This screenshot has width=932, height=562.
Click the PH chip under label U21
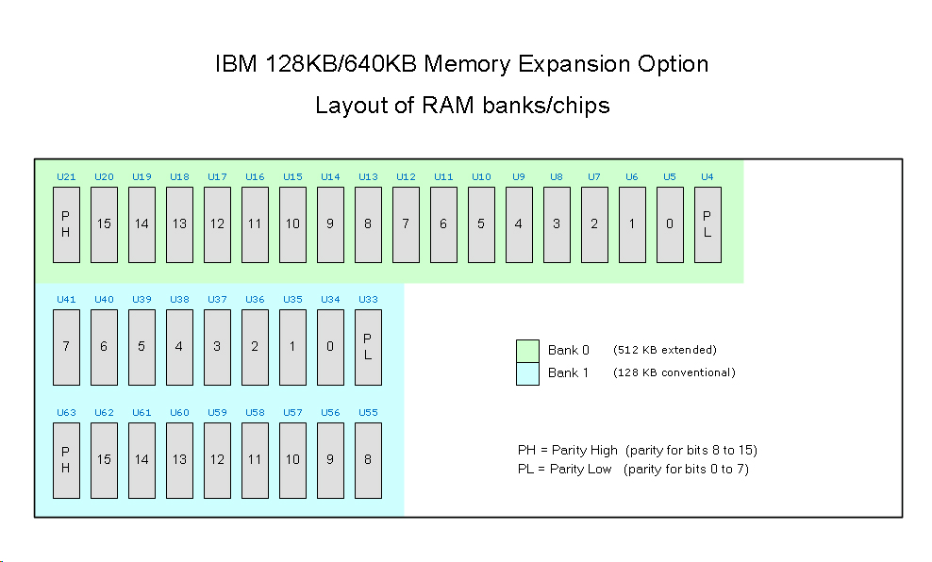pyautogui.click(x=66, y=224)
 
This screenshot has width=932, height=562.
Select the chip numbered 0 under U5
pyautogui.click(x=670, y=224)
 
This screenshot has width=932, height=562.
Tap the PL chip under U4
pyautogui.click(x=707, y=224)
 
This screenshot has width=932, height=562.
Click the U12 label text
pyautogui.click(x=406, y=176)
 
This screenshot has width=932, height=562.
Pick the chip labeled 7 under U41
pyautogui.click(x=66, y=347)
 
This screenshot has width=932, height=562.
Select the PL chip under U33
pyautogui.click(x=368, y=347)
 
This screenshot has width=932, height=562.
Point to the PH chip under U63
pyautogui.click(x=66, y=460)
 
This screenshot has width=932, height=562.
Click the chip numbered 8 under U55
pyautogui.click(x=368, y=460)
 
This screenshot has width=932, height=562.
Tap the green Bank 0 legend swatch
pyautogui.click(x=527, y=351)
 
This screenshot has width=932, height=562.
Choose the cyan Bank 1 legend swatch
pyautogui.click(x=527, y=373)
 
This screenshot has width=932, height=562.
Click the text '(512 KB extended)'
pyautogui.click(x=665, y=351)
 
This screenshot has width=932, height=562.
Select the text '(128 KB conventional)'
pyautogui.click(x=674, y=372)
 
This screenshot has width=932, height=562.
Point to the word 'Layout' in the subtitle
pyautogui.click(x=348, y=106)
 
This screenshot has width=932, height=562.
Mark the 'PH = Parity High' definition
pyautogui.click(x=567, y=450)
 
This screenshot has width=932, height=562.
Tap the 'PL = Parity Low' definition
pyautogui.click(x=564, y=469)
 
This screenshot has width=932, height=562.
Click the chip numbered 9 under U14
pyautogui.click(x=330, y=224)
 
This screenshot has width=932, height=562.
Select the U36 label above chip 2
pyautogui.click(x=255, y=299)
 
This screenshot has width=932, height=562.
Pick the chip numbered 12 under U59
pyautogui.click(x=217, y=460)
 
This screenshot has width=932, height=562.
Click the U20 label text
pyautogui.click(x=104, y=176)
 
